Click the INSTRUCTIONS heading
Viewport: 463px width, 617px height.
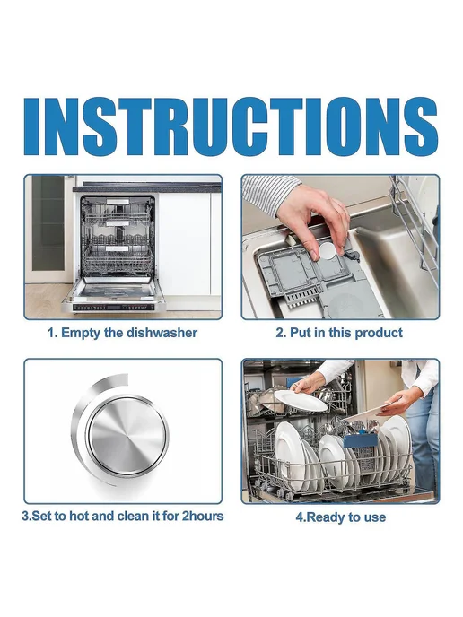(x=231, y=126)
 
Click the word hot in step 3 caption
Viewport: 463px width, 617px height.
(x=80, y=516)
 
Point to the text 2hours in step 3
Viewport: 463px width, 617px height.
(x=203, y=516)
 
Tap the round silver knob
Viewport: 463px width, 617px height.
(x=127, y=436)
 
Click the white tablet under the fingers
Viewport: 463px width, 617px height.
(x=328, y=251)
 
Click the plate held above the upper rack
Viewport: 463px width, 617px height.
(x=301, y=400)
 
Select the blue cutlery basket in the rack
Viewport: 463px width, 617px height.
(x=360, y=440)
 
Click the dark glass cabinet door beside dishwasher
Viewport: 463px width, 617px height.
(x=48, y=223)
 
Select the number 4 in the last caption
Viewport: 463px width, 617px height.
(x=299, y=517)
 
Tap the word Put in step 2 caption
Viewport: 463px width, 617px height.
(x=299, y=333)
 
